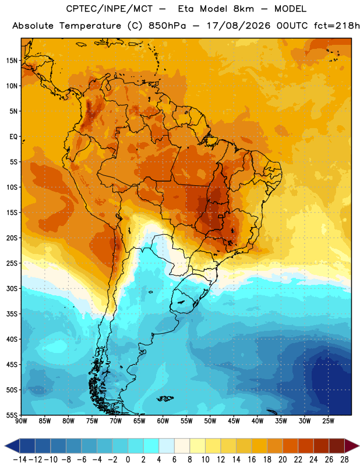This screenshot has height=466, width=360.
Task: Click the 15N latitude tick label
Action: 12,61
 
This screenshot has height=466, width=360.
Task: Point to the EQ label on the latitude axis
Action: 13,137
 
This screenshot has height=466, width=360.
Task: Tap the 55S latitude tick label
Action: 12,415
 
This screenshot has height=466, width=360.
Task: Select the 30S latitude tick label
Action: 12,288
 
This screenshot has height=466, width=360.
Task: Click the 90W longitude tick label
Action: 21,421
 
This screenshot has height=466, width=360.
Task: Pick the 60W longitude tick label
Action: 163,421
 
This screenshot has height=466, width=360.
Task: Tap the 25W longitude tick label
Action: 328,421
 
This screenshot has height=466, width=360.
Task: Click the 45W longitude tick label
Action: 234,421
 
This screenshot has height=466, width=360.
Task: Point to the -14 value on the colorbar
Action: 19,460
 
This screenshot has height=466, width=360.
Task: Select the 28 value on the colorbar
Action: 344,460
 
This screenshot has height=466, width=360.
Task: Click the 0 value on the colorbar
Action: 128,460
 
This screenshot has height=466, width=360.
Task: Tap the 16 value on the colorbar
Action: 252,460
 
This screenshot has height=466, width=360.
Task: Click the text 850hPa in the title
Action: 167,26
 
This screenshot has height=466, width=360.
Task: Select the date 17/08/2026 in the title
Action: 238,26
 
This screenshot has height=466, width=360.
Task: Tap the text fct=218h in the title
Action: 337,26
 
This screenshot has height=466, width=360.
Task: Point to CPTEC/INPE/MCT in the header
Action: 110,9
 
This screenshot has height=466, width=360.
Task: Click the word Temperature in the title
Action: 90,26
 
